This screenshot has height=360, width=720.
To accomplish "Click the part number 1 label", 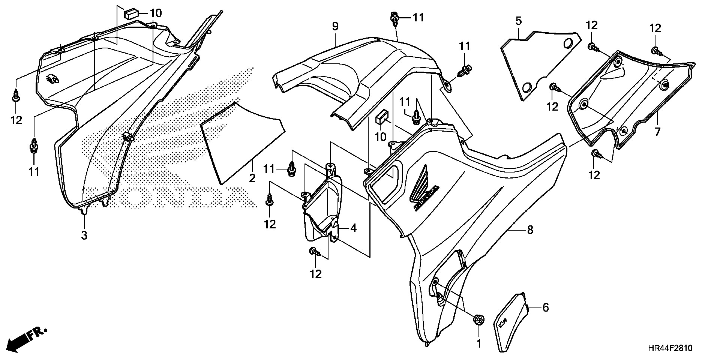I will [x=479, y=343].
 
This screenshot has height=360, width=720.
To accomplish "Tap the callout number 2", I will [x=252, y=178].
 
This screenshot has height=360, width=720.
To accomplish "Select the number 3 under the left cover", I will [x=84, y=235].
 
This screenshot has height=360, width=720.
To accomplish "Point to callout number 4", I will [x=353, y=228].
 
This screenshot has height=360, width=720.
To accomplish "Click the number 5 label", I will [x=518, y=21].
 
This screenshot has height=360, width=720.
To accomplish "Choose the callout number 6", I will [x=546, y=308].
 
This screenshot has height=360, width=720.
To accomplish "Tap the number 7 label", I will [x=657, y=132].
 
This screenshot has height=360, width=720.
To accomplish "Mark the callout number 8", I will [x=530, y=229].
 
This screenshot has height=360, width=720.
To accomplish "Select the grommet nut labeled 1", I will [x=478, y=320].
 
